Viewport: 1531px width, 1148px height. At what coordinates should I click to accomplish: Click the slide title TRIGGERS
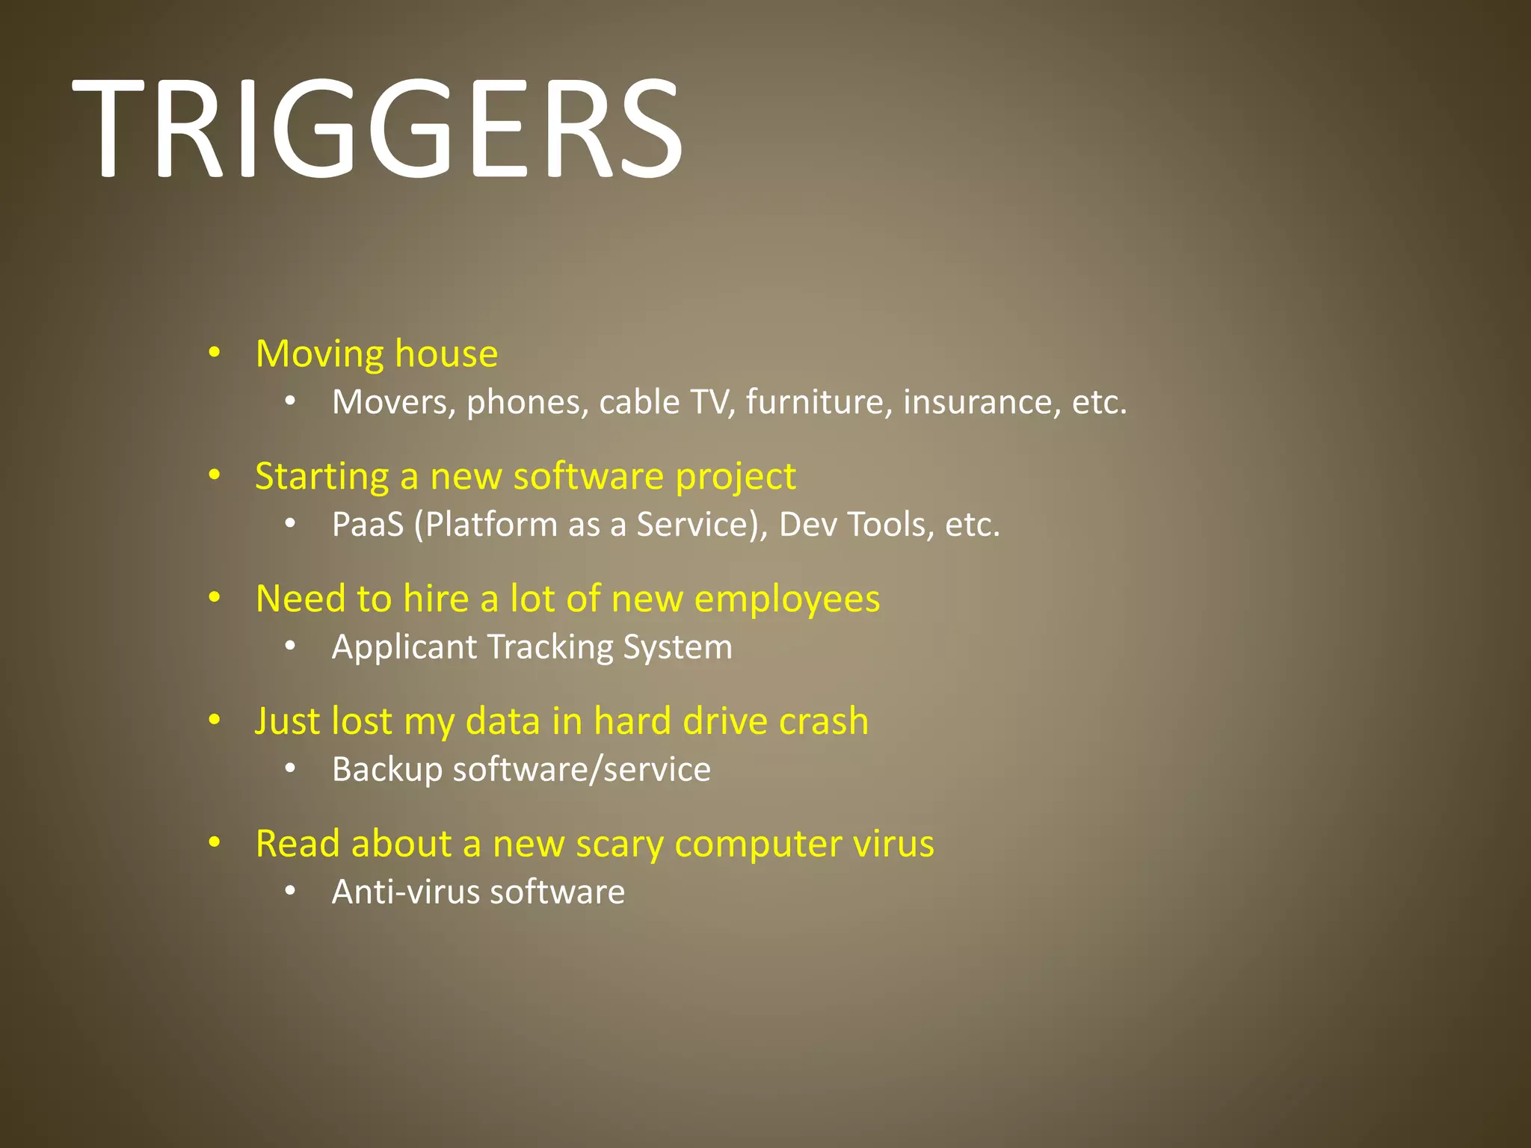point(377,129)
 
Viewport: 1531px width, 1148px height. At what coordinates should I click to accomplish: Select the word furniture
point(819,402)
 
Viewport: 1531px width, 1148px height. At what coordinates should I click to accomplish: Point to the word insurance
point(982,402)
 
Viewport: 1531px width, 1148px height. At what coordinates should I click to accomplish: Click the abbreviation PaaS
point(367,525)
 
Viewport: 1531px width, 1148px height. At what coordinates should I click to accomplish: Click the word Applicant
point(404,647)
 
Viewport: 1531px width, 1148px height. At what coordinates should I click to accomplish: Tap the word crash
point(823,721)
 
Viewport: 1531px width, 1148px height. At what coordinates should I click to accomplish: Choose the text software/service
point(582,770)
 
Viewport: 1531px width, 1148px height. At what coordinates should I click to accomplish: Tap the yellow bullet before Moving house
point(215,353)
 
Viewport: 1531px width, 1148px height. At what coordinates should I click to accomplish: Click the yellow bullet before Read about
point(215,843)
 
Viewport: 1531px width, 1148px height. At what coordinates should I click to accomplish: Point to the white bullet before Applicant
point(290,646)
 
